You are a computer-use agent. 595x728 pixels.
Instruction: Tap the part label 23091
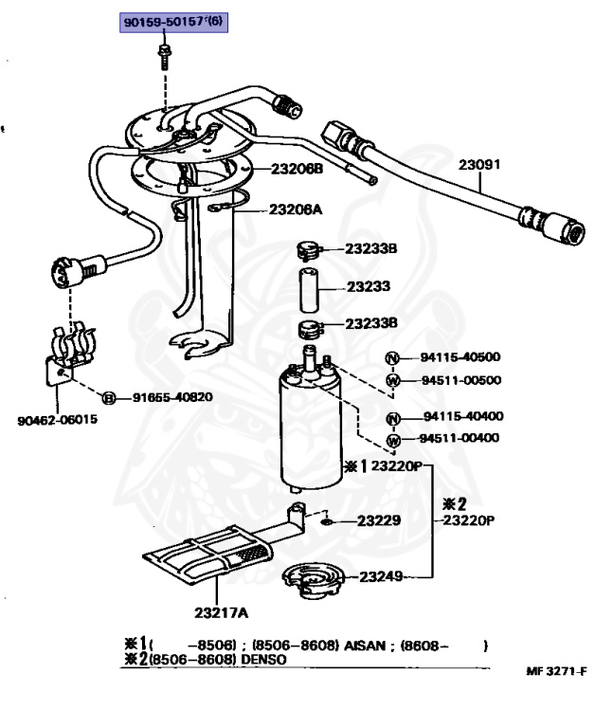tap(479, 164)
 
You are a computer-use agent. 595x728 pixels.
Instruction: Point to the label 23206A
tap(296, 209)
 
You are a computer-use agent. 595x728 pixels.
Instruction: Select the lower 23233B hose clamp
tap(310, 331)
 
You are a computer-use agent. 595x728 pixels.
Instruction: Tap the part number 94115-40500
tap(461, 357)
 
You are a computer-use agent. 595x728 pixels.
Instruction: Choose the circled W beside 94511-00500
tap(392, 380)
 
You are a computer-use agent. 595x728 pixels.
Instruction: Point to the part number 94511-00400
tap(461, 438)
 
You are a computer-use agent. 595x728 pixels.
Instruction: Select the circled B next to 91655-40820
tap(109, 397)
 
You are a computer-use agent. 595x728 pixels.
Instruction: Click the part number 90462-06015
tap(58, 419)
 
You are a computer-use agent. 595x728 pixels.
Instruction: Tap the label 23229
tap(378, 519)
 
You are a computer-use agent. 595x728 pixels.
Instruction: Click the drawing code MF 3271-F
tap(555, 671)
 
